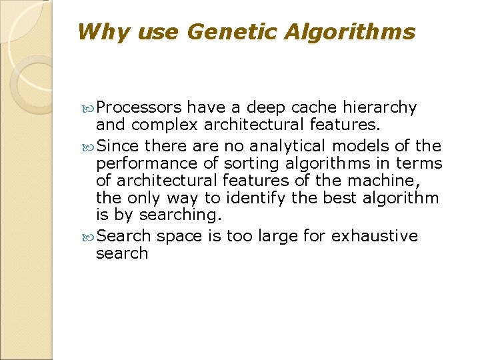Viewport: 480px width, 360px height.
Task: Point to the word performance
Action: click(137, 163)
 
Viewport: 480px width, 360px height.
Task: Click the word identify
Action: click(253, 197)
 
